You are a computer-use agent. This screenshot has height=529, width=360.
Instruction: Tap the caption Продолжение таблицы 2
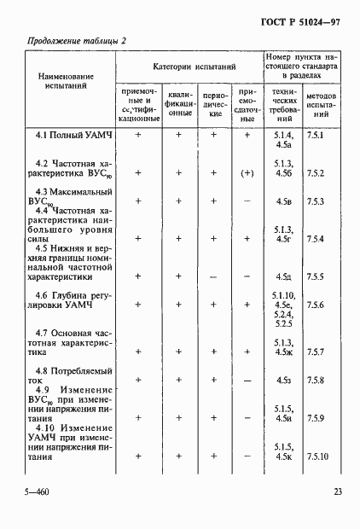pos(77,40)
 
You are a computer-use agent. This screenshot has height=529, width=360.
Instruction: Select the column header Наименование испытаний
pos(65,82)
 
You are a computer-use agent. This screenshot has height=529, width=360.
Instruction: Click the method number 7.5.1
pos(316,136)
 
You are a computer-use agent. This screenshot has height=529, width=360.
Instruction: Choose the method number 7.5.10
pos(318,456)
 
